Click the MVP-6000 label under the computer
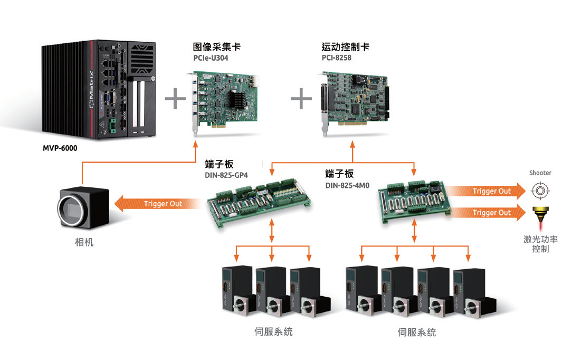point(60,148)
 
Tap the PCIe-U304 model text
point(211,58)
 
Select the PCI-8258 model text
point(336,58)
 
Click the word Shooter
point(540,173)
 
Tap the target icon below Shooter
point(540,190)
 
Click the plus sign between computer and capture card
point(175,99)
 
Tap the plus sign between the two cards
point(301,99)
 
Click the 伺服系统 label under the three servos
point(273,331)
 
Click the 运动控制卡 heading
point(345,47)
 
